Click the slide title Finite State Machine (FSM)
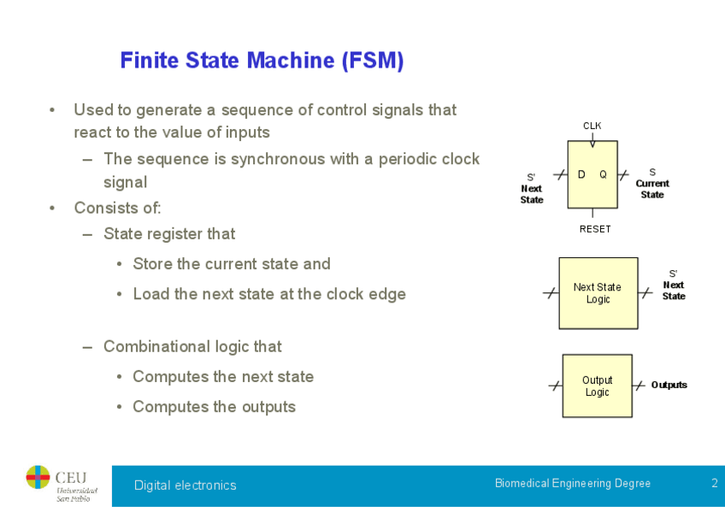point(262,61)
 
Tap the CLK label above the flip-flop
point(592,126)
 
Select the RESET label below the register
point(595,229)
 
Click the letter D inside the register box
point(581,174)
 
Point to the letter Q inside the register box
point(603,174)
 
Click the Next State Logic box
point(598,293)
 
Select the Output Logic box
point(597,385)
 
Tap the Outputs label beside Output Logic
point(669,385)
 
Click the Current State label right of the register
point(652,188)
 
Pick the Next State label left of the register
point(532,193)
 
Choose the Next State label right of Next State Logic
point(674,290)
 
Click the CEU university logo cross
point(38,477)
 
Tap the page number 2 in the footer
point(714,483)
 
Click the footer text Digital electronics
point(185,486)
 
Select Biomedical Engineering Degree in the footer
point(572,483)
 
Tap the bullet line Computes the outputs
point(214,407)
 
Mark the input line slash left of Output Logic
point(555,385)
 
